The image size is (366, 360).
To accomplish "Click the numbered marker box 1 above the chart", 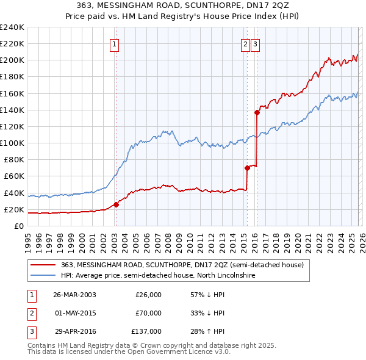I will coord(115,43).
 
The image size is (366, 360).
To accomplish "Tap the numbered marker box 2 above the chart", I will coord(245,43).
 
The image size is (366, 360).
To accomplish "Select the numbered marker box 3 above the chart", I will coord(255,43).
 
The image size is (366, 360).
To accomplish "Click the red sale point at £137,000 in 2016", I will coord(257,112).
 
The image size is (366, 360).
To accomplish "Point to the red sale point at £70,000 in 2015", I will coord(247,168).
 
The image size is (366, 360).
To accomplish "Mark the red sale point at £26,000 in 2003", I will coord(116,204).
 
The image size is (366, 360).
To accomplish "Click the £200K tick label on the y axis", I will coord(12,60).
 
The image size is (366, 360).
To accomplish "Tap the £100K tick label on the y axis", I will coord(12,143).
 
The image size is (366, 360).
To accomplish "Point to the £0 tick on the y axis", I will coord(18,226).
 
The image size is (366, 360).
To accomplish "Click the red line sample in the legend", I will coord(43,265).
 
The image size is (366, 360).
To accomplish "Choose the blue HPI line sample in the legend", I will coord(43,276).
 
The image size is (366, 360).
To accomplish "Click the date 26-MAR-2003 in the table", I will coord(74,295).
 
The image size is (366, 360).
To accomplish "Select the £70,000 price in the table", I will coord(148,314).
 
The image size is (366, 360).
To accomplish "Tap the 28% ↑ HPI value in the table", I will coord(207,333).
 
